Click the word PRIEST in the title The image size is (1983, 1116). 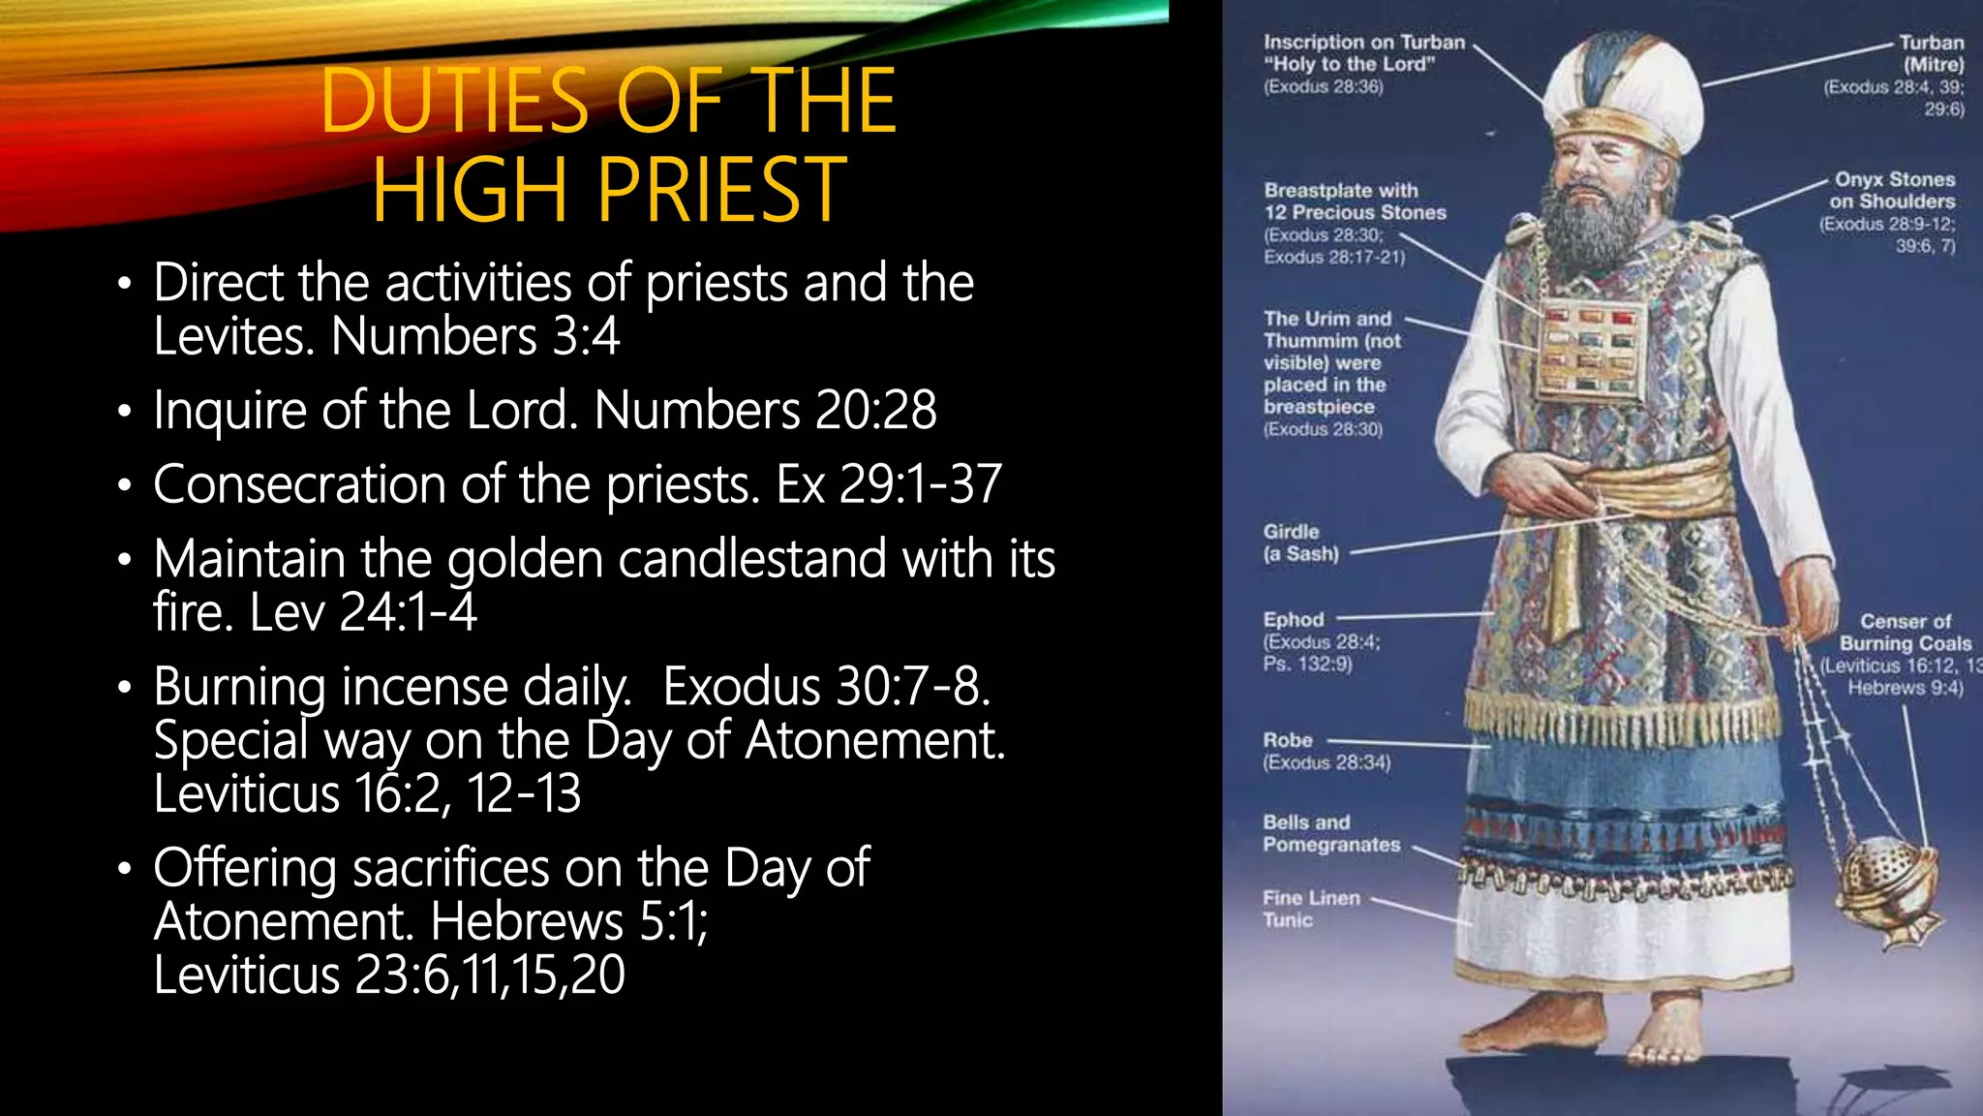pyautogui.click(x=721, y=190)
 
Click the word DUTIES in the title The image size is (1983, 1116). pyautogui.click(x=454, y=101)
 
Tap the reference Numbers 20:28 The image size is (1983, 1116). pyautogui.click(x=765, y=410)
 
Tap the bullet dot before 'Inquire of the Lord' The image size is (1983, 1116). pyautogui.click(x=123, y=413)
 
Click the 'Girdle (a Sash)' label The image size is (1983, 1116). pyautogui.click(x=1300, y=542)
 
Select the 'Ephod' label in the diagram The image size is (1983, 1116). pyautogui.click(x=1294, y=620)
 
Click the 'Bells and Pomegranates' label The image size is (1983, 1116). pyautogui.click(x=1330, y=833)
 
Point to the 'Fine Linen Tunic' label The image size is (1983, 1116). pyautogui.click(x=1310, y=909)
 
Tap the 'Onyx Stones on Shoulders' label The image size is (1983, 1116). pyautogui.click(x=1893, y=191)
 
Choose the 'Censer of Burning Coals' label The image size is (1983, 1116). pyautogui.click(x=1905, y=633)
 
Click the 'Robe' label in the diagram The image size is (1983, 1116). pyautogui.click(x=1288, y=740)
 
